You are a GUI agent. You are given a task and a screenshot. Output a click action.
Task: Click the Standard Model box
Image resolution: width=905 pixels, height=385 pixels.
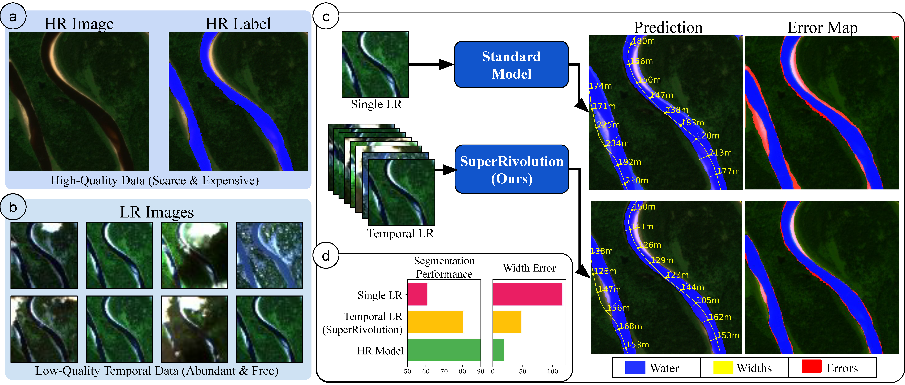pos(511,65)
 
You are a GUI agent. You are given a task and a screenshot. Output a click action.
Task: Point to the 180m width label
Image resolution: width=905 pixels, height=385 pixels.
pos(643,41)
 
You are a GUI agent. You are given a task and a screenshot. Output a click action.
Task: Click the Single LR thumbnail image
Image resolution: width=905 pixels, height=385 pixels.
pos(375,64)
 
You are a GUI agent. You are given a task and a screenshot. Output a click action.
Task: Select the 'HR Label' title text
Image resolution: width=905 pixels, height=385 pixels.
pos(238,24)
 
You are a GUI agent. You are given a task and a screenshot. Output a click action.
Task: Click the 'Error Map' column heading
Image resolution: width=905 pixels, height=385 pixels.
pos(822,27)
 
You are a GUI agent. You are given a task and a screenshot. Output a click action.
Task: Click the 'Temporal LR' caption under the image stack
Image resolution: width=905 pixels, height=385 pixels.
pos(400,233)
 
